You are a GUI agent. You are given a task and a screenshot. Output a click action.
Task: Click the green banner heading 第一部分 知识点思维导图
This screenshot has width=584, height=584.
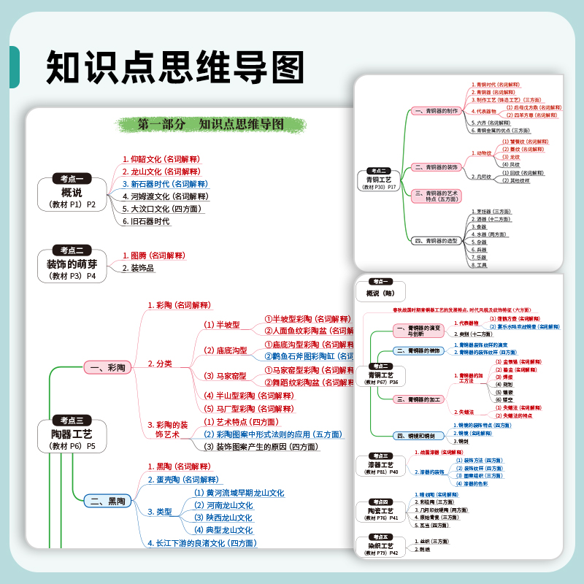click(211, 124)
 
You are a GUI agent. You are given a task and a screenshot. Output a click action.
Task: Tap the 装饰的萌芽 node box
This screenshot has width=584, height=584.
click(72, 264)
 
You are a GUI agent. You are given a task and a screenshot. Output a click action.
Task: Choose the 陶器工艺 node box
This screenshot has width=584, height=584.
click(72, 434)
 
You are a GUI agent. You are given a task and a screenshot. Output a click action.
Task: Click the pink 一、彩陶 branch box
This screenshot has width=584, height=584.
click(106, 366)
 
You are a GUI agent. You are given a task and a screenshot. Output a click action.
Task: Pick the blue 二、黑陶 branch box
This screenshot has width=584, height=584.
click(106, 501)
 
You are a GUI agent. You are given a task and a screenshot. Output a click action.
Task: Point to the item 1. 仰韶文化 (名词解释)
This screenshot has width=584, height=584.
click(161, 158)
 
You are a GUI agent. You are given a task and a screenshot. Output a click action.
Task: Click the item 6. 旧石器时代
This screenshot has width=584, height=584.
click(146, 221)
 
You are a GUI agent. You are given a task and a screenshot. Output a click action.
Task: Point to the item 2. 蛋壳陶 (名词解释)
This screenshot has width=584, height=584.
click(182, 480)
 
